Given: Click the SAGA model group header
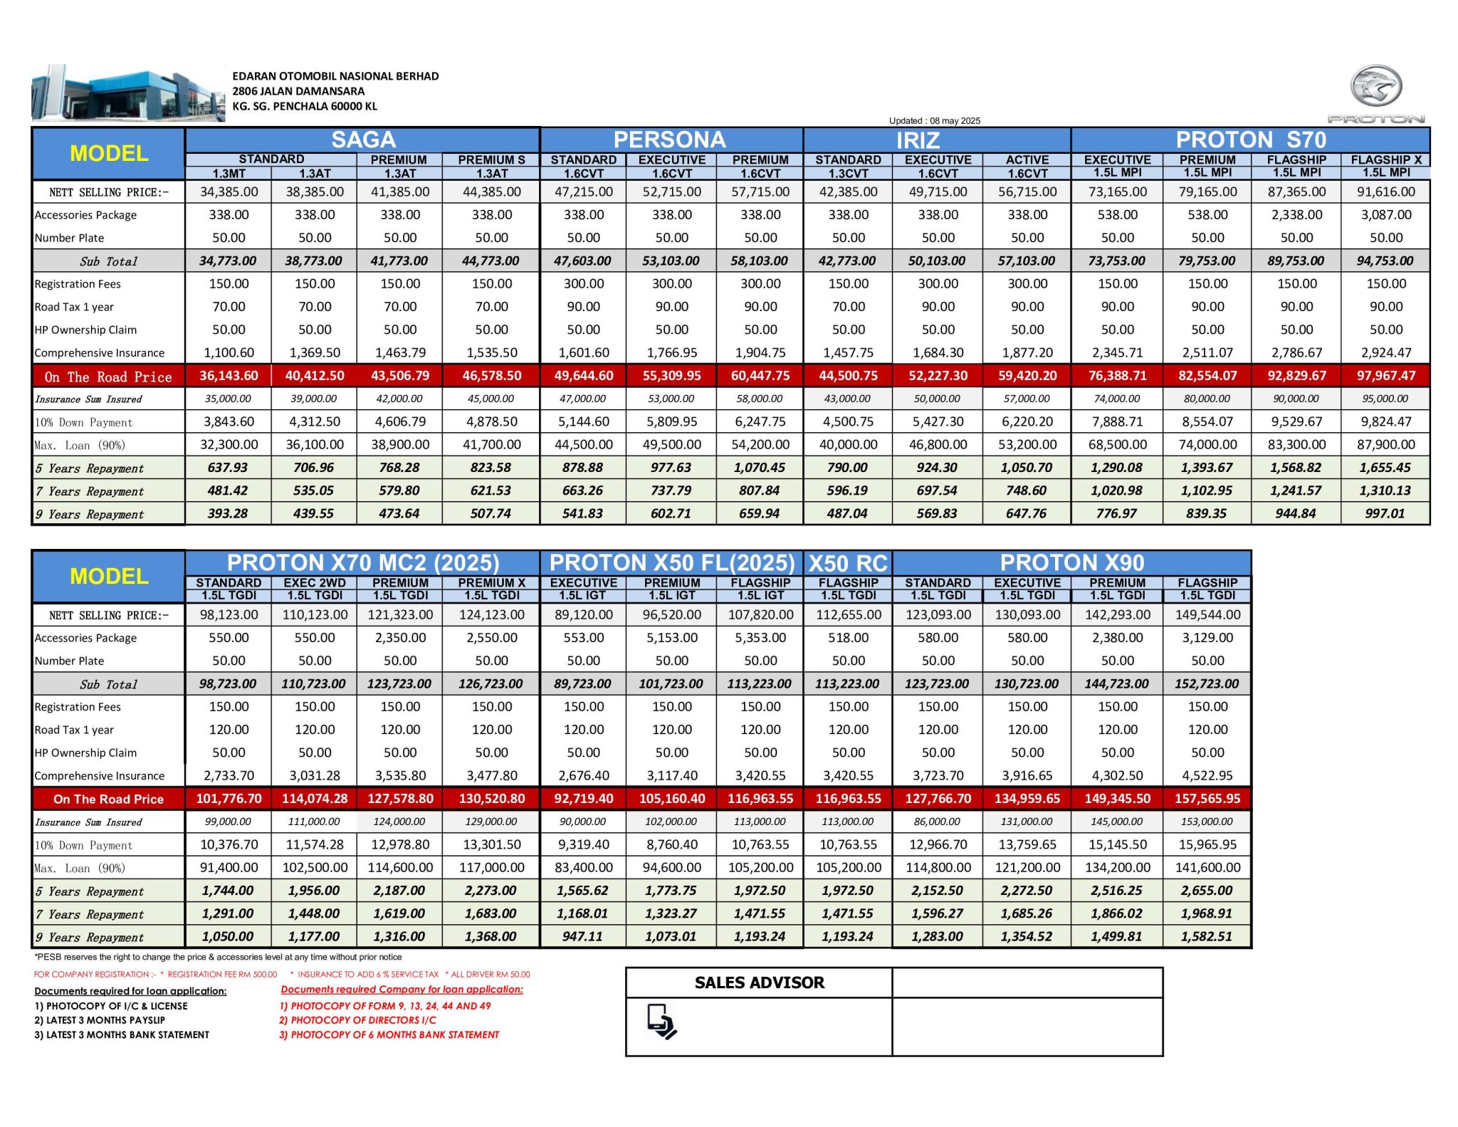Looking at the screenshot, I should click(x=363, y=140).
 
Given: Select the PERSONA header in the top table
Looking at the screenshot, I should click(x=670, y=140).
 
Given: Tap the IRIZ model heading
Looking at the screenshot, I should click(x=918, y=140).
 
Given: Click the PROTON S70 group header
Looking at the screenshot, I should click(x=1251, y=140).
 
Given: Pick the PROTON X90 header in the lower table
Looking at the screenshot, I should click(x=1072, y=562).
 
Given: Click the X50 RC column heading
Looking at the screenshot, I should click(x=848, y=563).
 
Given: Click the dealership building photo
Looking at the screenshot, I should click(x=128, y=93).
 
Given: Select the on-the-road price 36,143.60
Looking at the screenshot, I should click(x=229, y=375).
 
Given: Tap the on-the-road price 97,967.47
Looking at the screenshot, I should click(x=1385, y=375).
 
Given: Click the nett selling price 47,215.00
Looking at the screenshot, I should click(x=584, y=192).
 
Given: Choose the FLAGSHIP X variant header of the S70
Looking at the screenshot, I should click(x=1385, y=159).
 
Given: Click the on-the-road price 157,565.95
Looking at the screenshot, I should click(x=1207, y=798).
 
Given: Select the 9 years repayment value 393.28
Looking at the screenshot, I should click(x=228, y=513).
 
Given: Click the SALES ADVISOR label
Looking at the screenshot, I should click(x=759, y=982).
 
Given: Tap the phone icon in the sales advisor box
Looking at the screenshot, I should click(x=661, y=1021).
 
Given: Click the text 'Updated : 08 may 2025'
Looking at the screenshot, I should click(x=934, y=120).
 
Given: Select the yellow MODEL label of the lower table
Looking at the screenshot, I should click(x=109, y=576).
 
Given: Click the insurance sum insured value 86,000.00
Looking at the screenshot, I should click(x=938, y=821).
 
